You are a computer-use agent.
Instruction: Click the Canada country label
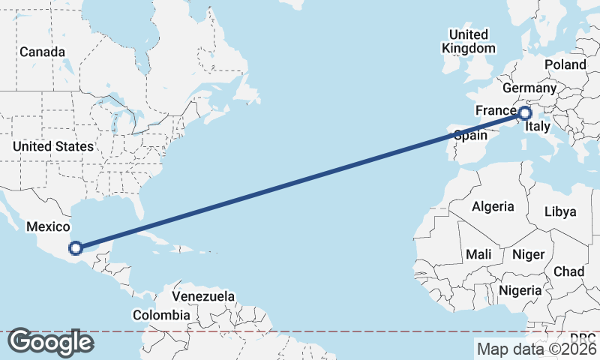click(42, 52)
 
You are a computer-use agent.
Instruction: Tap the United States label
click(53, 146)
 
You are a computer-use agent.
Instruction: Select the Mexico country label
click(48, 226)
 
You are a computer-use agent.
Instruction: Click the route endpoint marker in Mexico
click(76, 248)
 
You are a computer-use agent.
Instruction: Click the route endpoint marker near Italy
click(524, 113)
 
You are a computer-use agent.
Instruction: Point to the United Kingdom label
click(469, 41)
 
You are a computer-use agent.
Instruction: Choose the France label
click(496, 111)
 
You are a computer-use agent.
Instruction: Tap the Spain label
click(471, 136)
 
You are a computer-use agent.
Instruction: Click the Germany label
click(535, 88)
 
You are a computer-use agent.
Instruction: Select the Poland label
click(565, 65)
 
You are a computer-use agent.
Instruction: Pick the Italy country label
click(538, 127)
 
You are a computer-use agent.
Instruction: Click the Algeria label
click(493, 206)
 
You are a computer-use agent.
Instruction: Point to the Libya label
click(560, 212)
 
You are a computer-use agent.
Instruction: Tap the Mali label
click(478, 254)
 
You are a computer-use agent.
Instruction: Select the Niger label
click(528, 254)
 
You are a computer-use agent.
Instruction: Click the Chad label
click(568, 271)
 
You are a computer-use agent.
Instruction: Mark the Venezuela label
click(203, 297)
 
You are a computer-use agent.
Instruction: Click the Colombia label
click(161, 315)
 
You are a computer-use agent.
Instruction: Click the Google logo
click(50, 342)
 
